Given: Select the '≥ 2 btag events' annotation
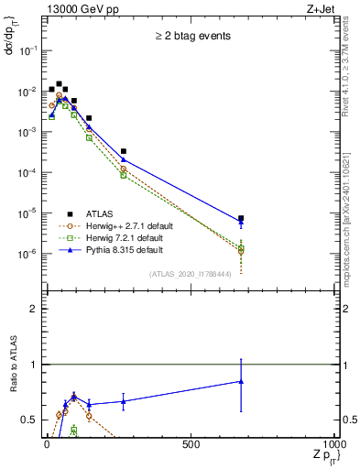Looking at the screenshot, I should coord(192,37).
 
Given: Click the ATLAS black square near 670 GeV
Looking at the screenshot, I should coord(240,219).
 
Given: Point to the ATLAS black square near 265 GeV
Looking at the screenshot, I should coord(123,151).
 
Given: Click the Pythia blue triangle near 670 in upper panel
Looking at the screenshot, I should coord(240,223).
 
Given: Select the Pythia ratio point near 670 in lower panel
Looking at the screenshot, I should coord(240,381).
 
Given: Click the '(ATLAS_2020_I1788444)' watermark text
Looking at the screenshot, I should coord(189,274).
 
